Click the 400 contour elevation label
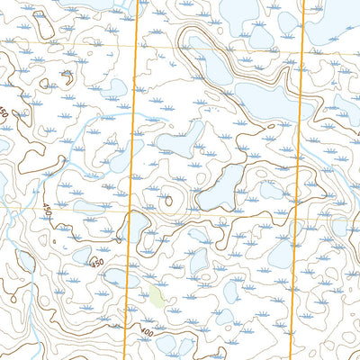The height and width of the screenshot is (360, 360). pyautogui.click(x=146, y=333)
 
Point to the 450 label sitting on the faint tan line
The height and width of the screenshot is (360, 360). pyautogui.click(x=47, y=210)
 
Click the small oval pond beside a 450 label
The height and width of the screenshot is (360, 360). pyautogui.click(x=81, y=256)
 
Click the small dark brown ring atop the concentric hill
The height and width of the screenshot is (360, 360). pyautogui.click(x=168, y=201)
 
